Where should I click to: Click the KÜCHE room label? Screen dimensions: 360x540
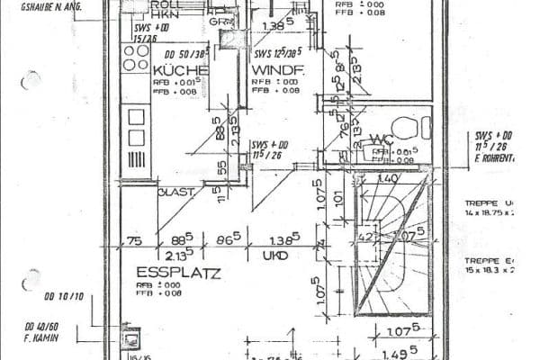181,69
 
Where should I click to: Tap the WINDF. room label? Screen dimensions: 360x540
277,69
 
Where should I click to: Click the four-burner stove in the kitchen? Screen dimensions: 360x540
136,58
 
